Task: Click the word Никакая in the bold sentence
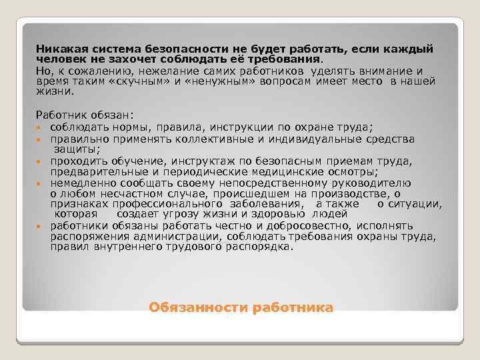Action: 60,49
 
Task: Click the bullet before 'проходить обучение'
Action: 41,161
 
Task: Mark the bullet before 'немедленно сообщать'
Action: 41,183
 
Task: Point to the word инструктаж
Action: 202,161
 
